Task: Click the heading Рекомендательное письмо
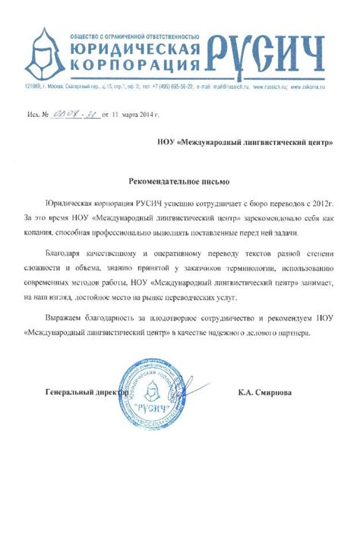[x=179, y=183]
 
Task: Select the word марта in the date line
[x=128, y=115]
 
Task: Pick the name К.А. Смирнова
[x=264, y=393]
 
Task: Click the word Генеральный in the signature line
[x=71, y=393]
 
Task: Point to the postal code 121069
[x=33, y=87]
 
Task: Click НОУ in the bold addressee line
[x=168, y=142]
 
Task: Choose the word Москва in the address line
[x=62, y=87]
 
